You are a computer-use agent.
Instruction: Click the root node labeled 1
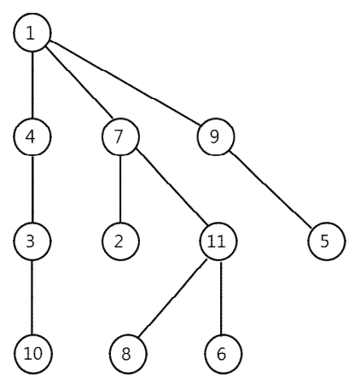32,32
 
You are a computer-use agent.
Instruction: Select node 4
32,136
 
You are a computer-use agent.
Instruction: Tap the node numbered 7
120,136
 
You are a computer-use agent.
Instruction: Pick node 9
216,136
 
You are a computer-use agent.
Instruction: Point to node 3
32,241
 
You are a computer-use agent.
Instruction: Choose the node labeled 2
120,241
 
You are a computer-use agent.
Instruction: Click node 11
218,241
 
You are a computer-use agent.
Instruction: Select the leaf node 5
327,241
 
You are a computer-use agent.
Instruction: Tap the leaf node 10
33,354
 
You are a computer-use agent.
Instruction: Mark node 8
128,354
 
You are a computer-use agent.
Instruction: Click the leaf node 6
224,354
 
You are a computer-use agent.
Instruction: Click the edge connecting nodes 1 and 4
32,84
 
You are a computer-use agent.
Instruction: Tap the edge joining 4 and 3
32,189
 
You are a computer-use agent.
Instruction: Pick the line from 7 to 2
120,189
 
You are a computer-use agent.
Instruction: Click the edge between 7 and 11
172,187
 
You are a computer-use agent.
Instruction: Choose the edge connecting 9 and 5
272,189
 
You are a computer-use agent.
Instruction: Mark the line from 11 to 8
172,299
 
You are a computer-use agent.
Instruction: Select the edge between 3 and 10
32,298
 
